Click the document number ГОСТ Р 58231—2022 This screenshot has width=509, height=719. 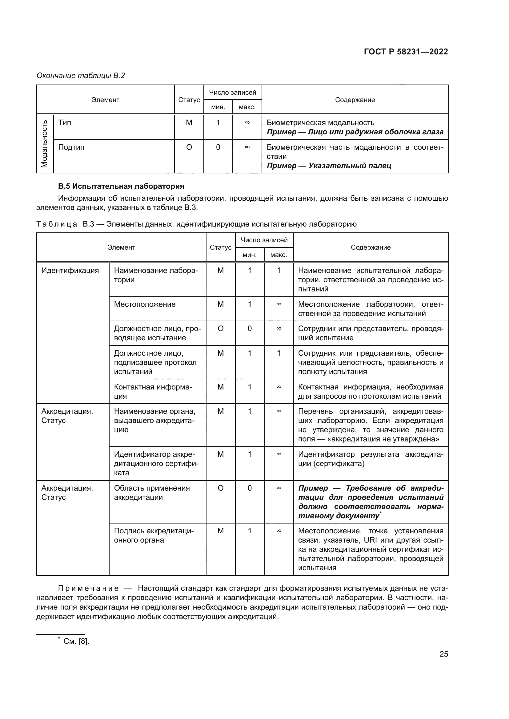click(406, 52)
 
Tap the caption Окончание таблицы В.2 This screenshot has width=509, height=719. click(81, 76)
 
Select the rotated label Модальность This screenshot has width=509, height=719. click(45, 144)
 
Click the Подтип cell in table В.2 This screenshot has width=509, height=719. click(71, 147)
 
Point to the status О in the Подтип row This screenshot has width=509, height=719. click(189, 147)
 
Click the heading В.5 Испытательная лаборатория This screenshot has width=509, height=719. click(121, 186)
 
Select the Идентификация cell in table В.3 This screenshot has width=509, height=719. click(70, 271)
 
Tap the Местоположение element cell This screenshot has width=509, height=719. click(145, 304)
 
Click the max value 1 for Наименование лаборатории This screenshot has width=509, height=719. click(279, 271)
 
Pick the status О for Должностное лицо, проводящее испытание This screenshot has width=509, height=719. click(220, 329)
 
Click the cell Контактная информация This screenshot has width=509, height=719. click(153, 391)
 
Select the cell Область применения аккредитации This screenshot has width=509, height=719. click(152, 492)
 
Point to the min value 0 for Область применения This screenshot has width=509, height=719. click(250, 488)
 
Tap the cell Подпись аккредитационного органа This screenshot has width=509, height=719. click(154, 535)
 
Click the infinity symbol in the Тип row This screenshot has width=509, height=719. click(247, 123)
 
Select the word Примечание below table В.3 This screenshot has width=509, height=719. click(88, 588)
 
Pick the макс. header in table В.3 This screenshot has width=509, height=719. click(279, 255)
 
